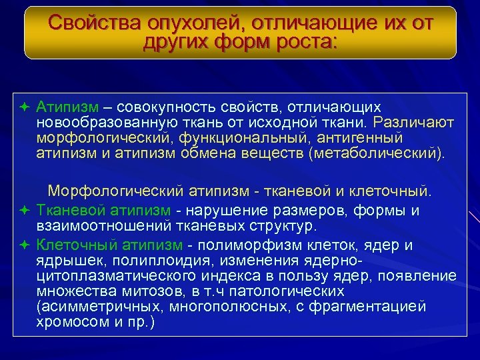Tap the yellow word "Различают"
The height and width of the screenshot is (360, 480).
pyautogui.click(x=414, y=123)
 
